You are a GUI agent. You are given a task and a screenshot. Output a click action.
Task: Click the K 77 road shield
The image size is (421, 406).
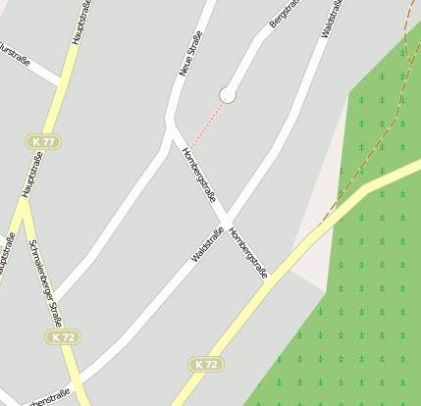pyautogui.click(x=43, y=142)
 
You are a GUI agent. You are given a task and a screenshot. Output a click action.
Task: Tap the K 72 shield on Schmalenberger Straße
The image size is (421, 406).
pyautogui.click(x=63, y=336)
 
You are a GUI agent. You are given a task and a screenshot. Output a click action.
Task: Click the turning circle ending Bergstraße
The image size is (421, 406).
pyautogui.click(x=228, y=94)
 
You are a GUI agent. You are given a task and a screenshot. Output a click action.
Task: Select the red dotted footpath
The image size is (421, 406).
pyautogui.click(x=207, y=122)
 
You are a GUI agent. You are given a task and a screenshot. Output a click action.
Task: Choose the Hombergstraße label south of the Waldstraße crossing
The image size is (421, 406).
pyautogui.click(x=247, y=252)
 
